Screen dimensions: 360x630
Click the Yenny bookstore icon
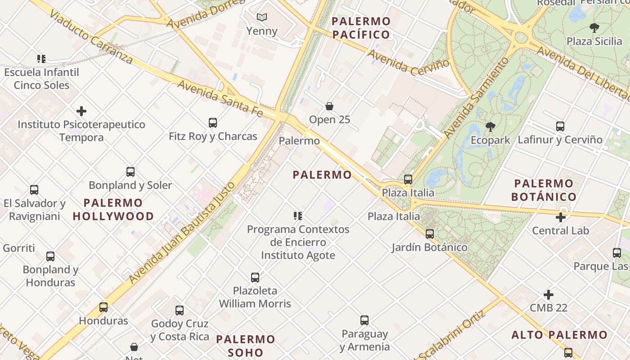coord(261,18)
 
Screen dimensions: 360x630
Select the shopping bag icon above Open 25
coord(329,106)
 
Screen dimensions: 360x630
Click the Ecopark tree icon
coord(490,127)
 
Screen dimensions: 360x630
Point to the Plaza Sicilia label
coord(594,41)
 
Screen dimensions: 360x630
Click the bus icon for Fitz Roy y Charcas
coord(213,122)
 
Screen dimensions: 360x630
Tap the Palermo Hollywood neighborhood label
coord(113,210)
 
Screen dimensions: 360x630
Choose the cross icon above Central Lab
coord(561,217)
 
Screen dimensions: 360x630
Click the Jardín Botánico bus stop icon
coord(430,234)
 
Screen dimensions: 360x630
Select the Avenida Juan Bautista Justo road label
coord(182,233)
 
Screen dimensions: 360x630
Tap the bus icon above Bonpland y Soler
coord(130,172)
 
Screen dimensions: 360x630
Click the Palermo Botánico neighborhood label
coord(544,190)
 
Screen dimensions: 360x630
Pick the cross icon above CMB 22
coord(549,295)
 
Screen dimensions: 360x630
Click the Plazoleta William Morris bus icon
coord(255,277)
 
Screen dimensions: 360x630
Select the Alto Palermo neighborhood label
coord(559,335)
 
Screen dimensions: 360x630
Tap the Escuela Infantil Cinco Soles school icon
coord(41,59)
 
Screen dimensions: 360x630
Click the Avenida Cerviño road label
coord(409,62)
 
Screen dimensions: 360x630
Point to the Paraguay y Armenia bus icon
coord(364,320)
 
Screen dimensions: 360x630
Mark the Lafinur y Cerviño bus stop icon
coord(560,126)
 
